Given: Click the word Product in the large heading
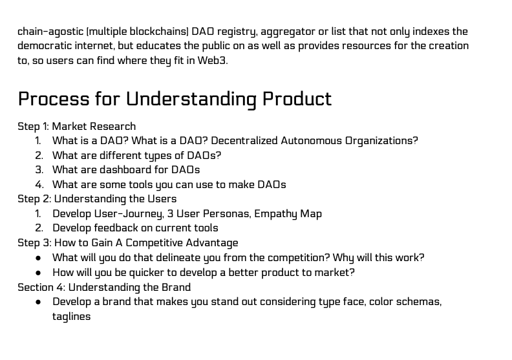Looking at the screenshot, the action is pyautogui.click(x=297, y=99).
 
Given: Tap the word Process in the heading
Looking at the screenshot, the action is pyautogui.click(x=53, y=99).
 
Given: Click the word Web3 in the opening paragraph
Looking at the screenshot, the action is pyautogui.click(x=211, y=60).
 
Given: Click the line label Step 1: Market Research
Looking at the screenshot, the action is pyautogui.click(x=77, y=126).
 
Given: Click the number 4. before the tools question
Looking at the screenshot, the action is pyautogui.click(x=39, y=185).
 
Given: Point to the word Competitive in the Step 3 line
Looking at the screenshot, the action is pyautogui.click(x=154, y=243).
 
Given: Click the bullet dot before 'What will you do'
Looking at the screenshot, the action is pyautogui.click(x=38, y=258).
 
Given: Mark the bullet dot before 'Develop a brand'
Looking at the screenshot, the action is pyautogui.click(x=38, y=302).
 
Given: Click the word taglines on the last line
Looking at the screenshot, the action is pyautogui.click(x=71, y=317).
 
